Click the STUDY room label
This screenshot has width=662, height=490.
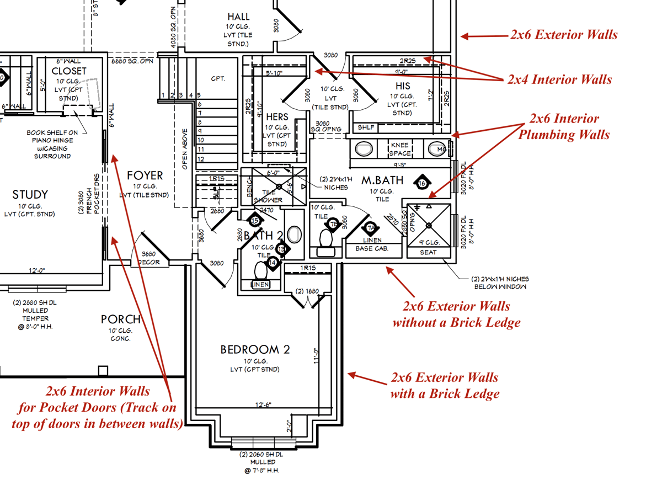click(x=30, y=194)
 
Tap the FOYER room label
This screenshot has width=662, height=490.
click(x=145, y=175)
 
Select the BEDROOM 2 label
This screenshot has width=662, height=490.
click(x=255, y=349)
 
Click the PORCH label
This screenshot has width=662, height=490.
click(x=120, y=319)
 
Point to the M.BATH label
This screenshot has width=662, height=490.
click(x=382, y=180)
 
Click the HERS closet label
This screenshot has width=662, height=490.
click(x=277, y=117)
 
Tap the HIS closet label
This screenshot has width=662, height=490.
click(x=403, y=87)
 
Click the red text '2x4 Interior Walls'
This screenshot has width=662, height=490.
click(x=559, y=79)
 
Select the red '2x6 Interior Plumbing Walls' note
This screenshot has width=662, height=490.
click(x=563, y=126)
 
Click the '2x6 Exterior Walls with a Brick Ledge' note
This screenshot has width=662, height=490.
click(x=445, y=385)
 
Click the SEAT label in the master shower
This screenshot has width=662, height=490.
click(x=429, y=252)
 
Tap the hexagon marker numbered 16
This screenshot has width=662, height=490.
click(x=423, y=183)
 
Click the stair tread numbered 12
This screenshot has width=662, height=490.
click(x=200, y=158)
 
